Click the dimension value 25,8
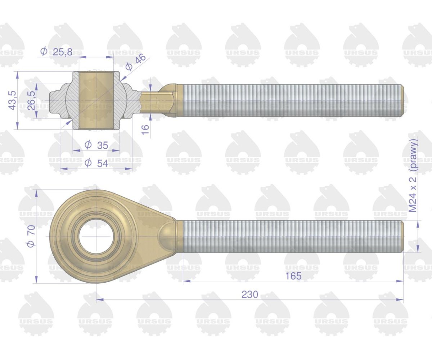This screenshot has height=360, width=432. click(x=63, y=52)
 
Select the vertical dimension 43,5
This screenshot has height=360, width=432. click(x=12, y=100)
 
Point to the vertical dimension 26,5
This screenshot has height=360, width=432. click(x=31, y=101)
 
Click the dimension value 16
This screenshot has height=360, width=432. click(x=146, y=130)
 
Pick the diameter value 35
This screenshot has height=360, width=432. click(x=102, y=145)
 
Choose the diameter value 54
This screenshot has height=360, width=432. click(x=102, y=163)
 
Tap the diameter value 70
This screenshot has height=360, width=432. click(x=31, y=230)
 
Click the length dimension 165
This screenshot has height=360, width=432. click(x=293, y=276)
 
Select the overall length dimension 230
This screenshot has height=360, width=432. click(x=250, y=294)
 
